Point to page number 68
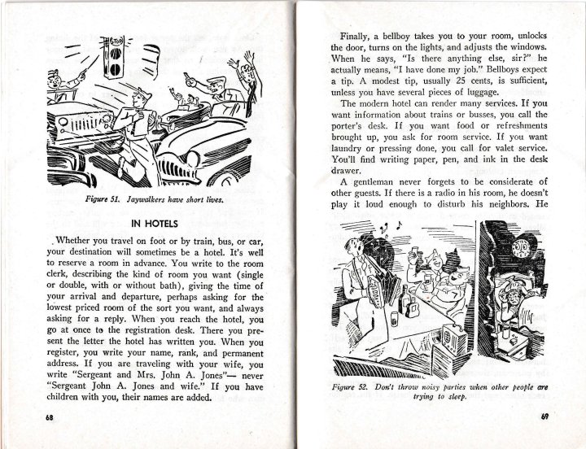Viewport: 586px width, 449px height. click(x=39, y=416)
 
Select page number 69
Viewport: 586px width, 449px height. click(x=544, y=417)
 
